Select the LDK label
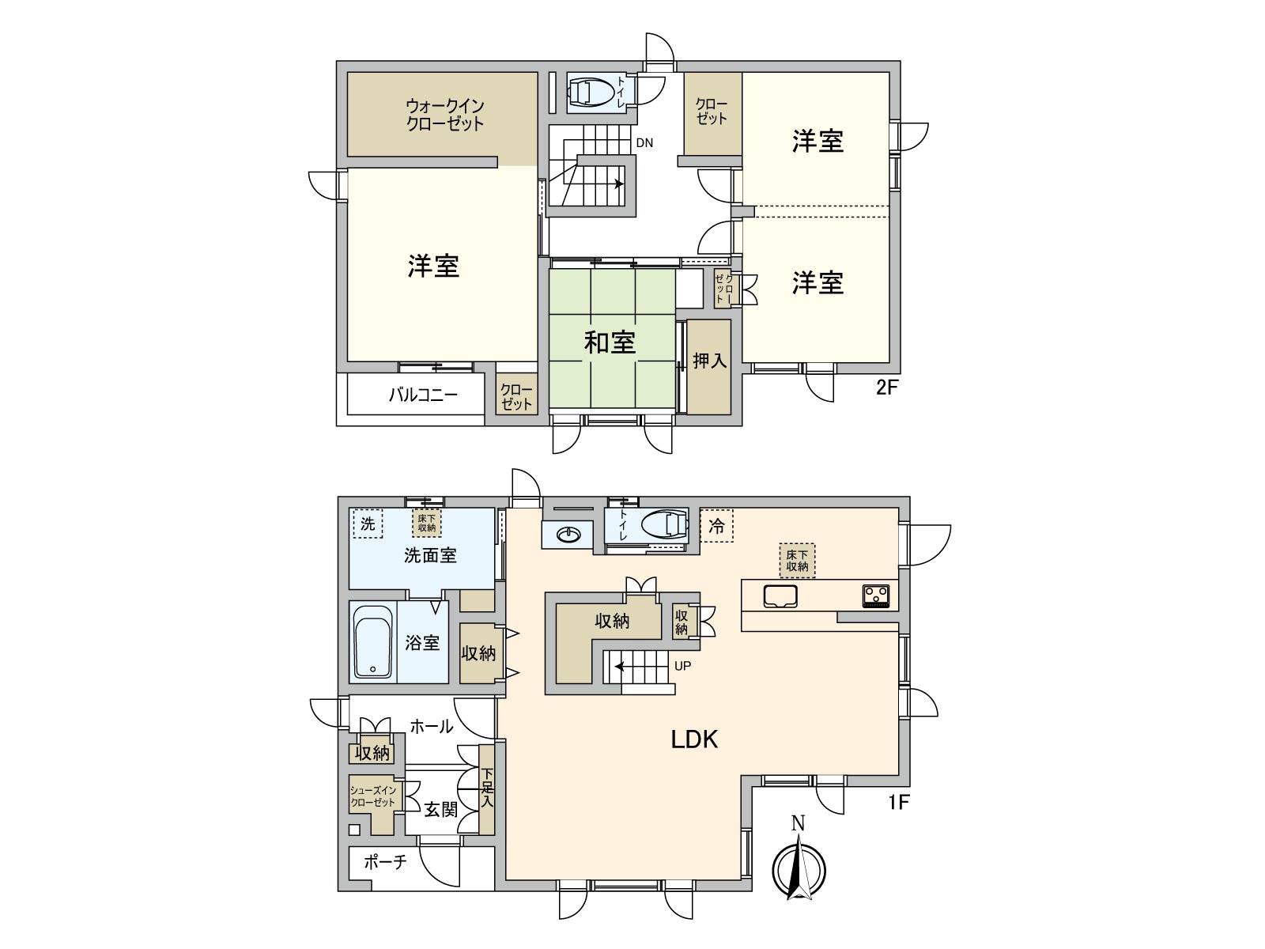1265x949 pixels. click(x=694, y=739)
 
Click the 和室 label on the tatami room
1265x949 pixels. click(x=610, y=342)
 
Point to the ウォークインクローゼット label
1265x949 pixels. click(x=444, y=115)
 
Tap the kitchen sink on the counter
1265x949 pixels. click(x=780, y=595)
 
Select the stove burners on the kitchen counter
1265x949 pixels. click(x=876, y=595)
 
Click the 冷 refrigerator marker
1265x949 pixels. click(x=716, y=526)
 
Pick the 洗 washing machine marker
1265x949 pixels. click(x=367, y=524)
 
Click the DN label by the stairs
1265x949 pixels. click(x=644, y=143)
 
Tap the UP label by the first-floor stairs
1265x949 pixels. click(x=682, y=666)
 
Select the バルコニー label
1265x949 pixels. click(x=423, y=395)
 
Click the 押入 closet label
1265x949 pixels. click(x=709, y=361)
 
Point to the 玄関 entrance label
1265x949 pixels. click(x=440, y=809)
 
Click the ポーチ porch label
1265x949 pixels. click(x=385, y=861)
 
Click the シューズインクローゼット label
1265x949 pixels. click(x=373, y=796)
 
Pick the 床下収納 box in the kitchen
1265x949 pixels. click(x=797, y=561)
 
